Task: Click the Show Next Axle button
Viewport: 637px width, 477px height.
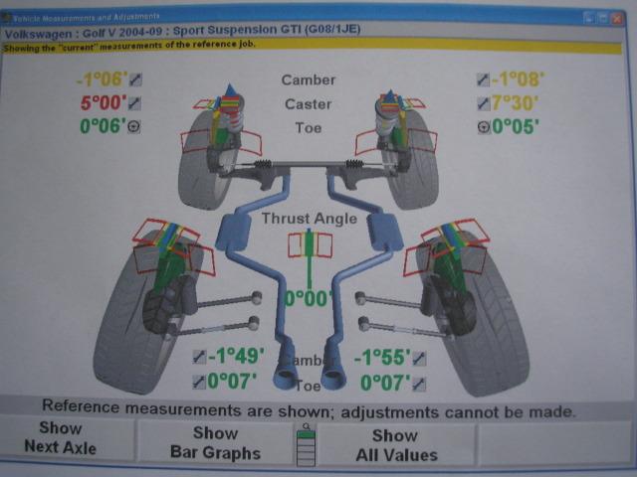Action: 60,438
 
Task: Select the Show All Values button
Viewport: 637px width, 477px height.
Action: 395,445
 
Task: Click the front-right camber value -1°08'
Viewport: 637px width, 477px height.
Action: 518,80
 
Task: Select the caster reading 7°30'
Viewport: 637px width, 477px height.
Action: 519,103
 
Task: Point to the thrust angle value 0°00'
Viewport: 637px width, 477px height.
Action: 309,297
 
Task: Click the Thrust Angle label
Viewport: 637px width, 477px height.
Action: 309,218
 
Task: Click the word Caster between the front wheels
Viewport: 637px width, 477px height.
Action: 309,103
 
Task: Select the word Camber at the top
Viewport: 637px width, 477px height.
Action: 309,79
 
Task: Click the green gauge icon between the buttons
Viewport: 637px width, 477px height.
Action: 306,443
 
